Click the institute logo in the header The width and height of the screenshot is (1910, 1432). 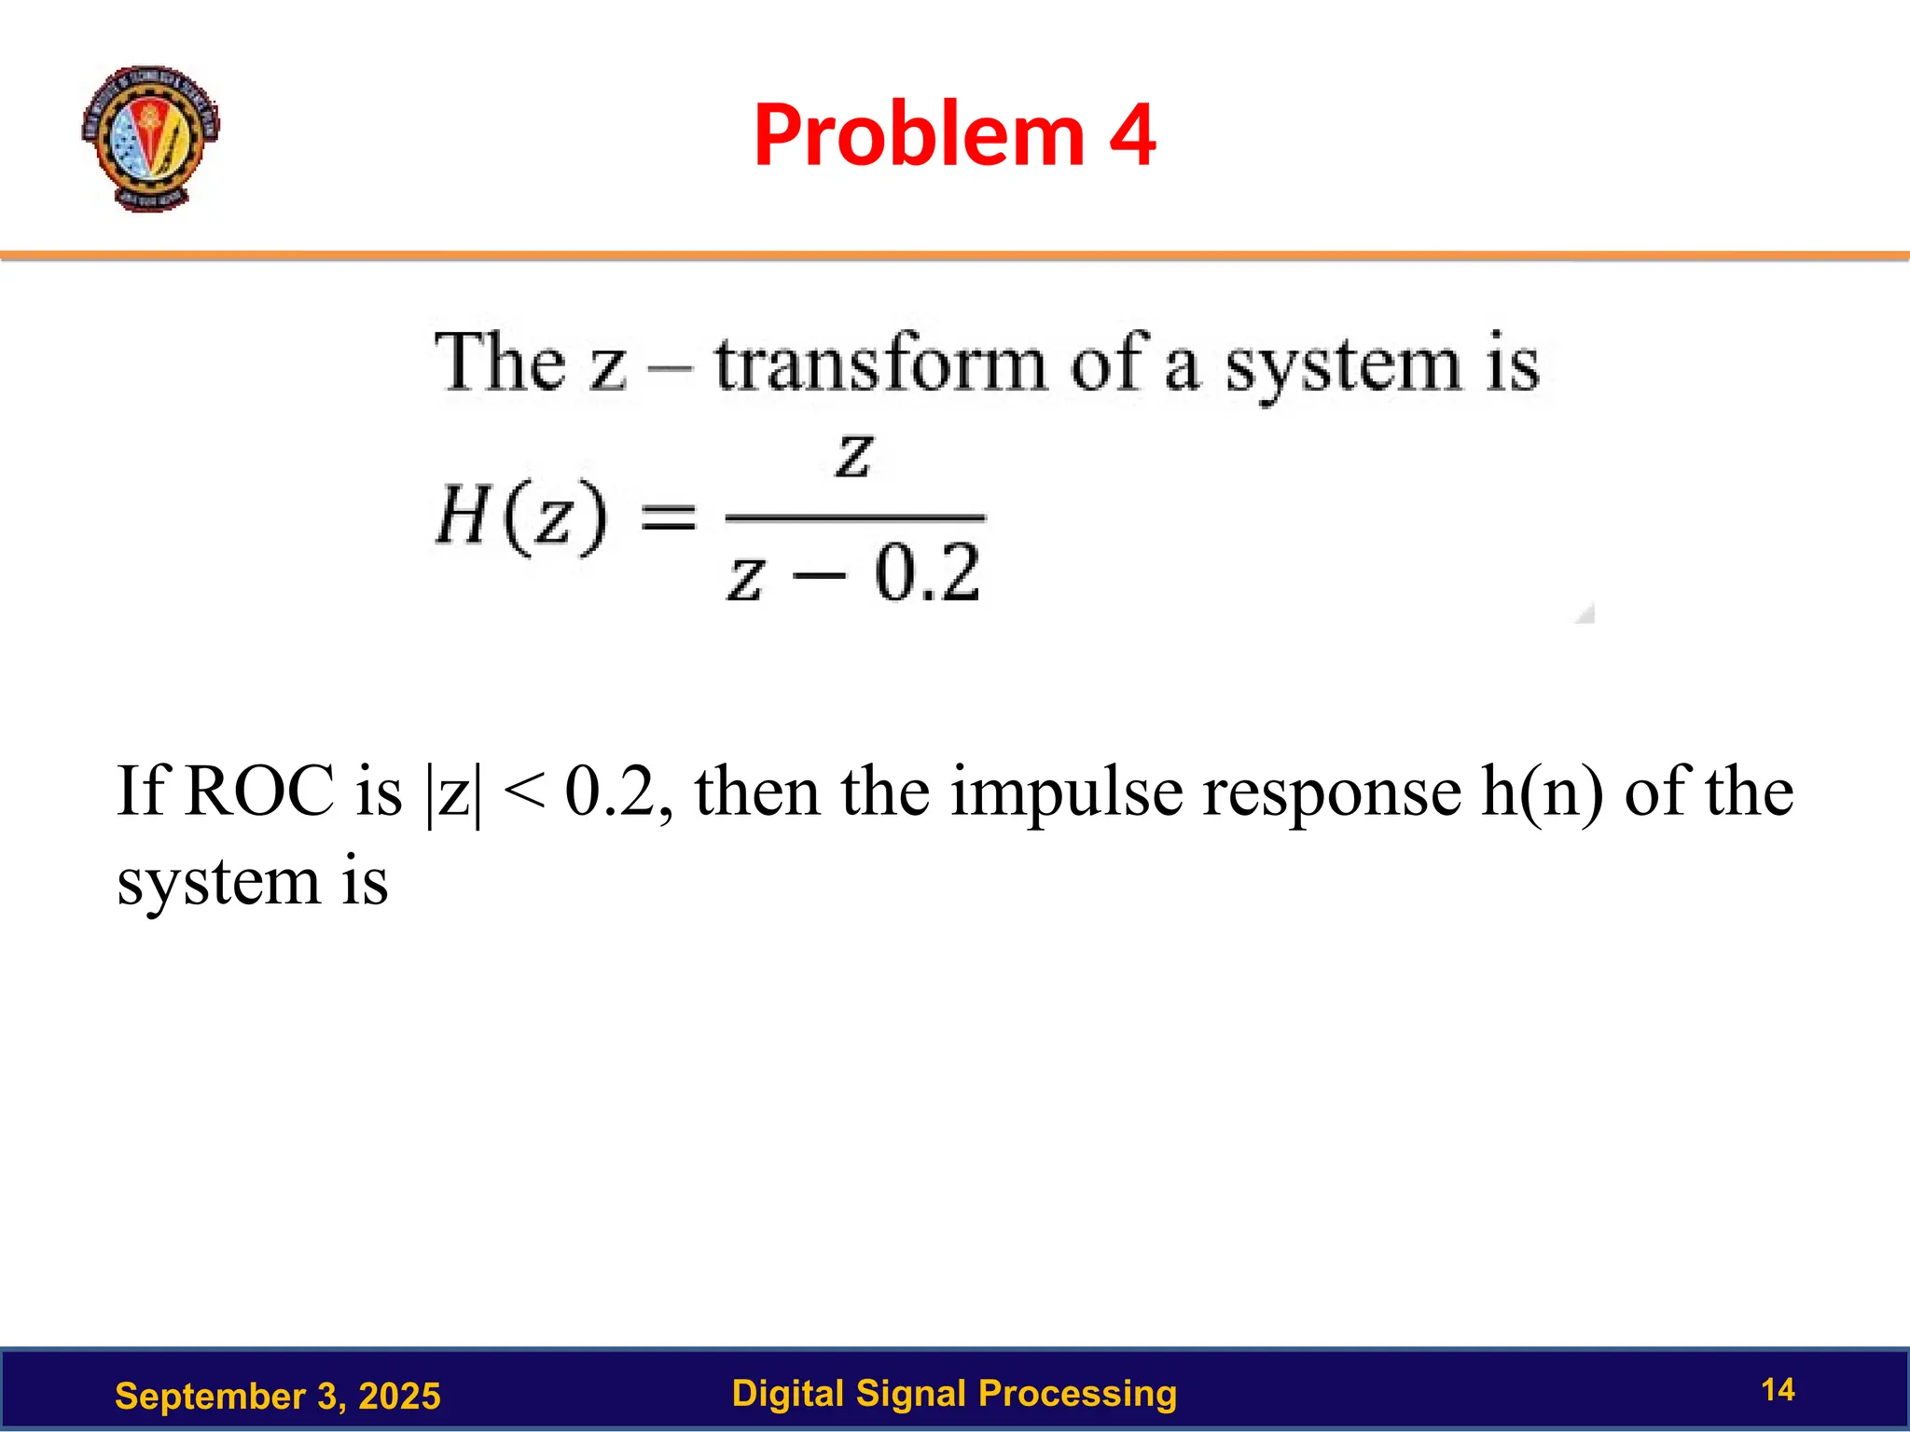click(149, 137)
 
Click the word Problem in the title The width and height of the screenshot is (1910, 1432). click(920, 135)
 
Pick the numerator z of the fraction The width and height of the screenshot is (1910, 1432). click(853, 456)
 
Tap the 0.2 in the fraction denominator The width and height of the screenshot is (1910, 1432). click(927, 571)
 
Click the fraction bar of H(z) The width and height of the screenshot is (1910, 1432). click(854, 516)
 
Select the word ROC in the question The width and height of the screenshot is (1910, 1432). click(259, 792)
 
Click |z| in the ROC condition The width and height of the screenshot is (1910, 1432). click(454, 793)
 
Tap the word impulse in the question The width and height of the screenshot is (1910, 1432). click(1067, 793)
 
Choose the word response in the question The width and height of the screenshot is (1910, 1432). click(1332, 793)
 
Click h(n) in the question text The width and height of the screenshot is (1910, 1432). click(1542, 793)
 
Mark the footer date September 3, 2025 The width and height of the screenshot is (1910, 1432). click(277, 1396)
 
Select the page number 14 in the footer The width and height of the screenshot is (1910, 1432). click(1778, 1389)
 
